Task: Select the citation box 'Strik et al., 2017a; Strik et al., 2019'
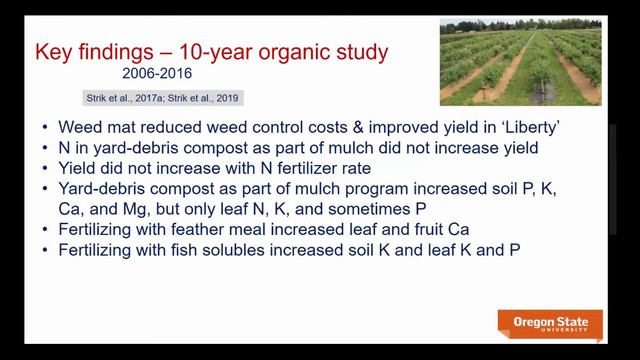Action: point(161,98)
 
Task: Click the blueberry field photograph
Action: point(519,61)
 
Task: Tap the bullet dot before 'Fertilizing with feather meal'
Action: point(76,228)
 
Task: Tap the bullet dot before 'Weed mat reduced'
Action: point(76,128)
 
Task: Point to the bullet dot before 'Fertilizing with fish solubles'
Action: point(76,248)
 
